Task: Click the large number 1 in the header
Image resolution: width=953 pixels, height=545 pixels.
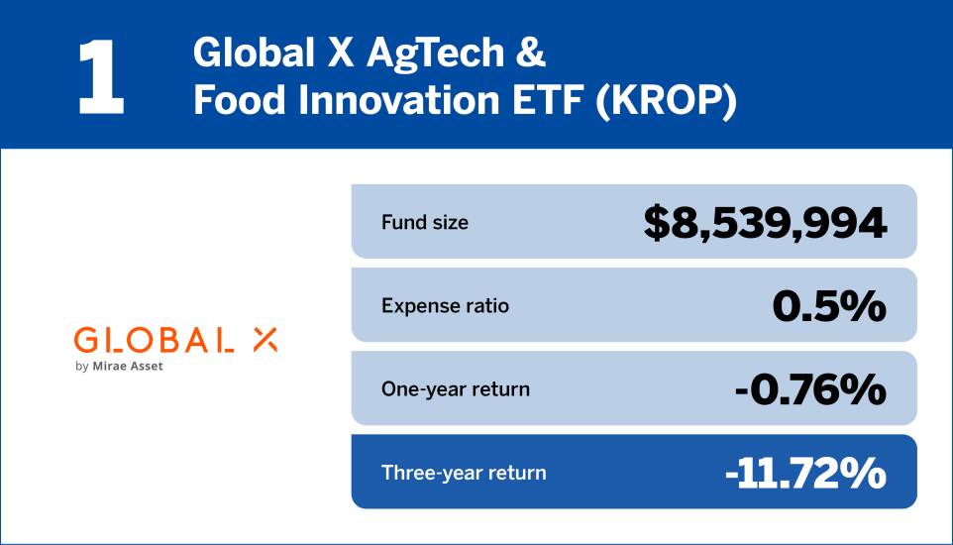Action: point(101,76)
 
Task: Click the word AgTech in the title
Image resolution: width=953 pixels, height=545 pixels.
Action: point(435,54)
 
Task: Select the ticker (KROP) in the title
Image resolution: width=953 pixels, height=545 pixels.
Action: point(666,101)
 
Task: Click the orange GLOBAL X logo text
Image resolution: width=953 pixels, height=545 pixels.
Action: point(175,340)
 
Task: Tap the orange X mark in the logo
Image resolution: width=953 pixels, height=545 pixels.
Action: point(265,340)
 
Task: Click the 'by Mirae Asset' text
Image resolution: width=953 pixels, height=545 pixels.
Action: point(119,367)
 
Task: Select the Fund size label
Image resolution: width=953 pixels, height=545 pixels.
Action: point(425,222)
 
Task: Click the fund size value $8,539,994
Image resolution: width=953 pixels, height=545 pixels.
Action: point(765,223)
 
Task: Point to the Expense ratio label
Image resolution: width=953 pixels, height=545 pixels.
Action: point(446,305)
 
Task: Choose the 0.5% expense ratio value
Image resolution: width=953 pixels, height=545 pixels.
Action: point(829,306)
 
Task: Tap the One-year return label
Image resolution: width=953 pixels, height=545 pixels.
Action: point(456,388)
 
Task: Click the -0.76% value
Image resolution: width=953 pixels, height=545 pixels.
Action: point(810,389)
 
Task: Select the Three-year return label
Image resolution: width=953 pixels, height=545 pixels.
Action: point(464,473)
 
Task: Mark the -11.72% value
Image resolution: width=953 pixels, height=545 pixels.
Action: point(806,474)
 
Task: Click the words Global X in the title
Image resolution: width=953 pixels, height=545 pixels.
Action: point(273,53)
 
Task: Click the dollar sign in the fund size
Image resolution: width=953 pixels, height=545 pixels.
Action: point(656,223)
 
